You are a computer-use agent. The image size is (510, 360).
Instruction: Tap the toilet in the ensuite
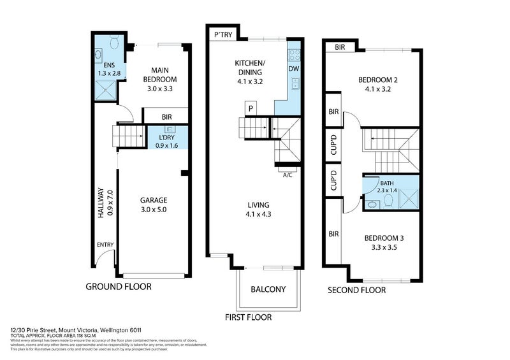113,43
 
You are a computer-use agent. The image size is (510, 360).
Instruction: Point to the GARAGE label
154,200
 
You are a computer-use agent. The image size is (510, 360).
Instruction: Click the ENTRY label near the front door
105,245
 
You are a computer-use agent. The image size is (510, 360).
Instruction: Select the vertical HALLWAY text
101,203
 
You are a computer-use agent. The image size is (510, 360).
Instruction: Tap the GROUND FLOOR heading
119,287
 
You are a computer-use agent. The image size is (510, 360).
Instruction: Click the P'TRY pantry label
222,34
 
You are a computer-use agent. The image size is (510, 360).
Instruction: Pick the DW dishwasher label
293,69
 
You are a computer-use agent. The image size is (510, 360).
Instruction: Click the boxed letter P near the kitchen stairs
251,108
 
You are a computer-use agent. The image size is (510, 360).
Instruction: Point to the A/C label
288,175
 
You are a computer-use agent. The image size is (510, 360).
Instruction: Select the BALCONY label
268,289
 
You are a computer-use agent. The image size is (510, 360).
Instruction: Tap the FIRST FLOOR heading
248,317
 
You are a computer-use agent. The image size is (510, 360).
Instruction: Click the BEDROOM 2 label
377,80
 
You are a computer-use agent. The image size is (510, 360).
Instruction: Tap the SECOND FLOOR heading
356,290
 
